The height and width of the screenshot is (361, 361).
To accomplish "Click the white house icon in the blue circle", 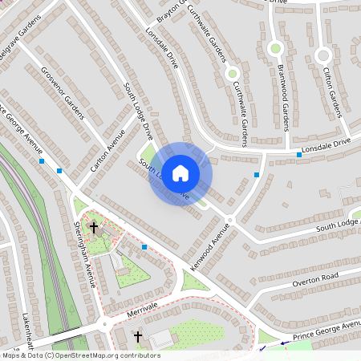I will point(180,173).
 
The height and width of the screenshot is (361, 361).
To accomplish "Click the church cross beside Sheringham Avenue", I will point(93,228).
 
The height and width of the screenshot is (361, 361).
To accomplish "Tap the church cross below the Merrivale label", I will point(137,336).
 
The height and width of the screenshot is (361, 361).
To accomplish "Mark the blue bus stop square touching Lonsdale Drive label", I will point(299,154).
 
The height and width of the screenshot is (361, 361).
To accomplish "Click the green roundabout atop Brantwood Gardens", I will point(276,48).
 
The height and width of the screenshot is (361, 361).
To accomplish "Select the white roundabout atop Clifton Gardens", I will point(323,55).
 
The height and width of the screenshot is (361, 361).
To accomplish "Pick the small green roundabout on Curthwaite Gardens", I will point(233,74).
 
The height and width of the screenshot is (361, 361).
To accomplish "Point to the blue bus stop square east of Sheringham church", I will point(144,247).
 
